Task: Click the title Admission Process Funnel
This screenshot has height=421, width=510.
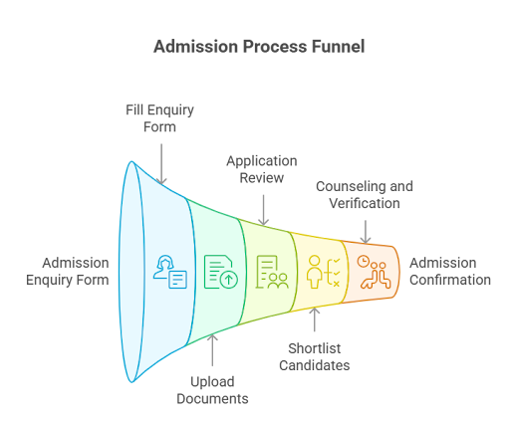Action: pyautogui.click(x=259, y=47)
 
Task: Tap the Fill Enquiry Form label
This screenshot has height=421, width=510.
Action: pyautogui.click(x=159, y=118)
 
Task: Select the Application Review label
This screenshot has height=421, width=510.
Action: pyautogui.click(x=262, y=169)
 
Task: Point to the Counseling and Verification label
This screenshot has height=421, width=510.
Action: pyautogui.click(x=365, y=195)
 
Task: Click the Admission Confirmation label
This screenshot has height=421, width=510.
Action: pyautogui.click(x=450, y=271)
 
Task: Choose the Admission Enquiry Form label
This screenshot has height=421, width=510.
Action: pyautogui.click(x=68, y=272)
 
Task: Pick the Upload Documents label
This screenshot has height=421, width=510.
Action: pyautogui.click(x=212, y=390)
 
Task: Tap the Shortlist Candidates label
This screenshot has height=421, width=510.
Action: pyautogui.click(x=315, y=357)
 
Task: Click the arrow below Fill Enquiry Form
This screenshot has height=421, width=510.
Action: pyautogui.click(x=161, y=164)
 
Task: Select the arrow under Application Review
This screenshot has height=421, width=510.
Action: pyautogui.click(x=264, y=210)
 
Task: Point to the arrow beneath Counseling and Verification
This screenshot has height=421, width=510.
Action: pyautogui.click(x=366, y=232)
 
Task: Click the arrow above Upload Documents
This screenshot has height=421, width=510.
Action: pyautogui.click(x=212, y=350)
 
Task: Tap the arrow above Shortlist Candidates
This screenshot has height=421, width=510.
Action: pyautogui.click(x=315, y=319)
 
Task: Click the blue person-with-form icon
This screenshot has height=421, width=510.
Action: pyautogui.click(x=170, y=272)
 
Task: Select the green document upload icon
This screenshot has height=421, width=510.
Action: pyautogui.click(x=221, y=272)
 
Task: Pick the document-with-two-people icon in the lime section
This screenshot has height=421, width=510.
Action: pyautogui.click(x=272, y=272)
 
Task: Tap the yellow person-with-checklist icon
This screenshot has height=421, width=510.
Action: pyautogui.click(x=323, y=272)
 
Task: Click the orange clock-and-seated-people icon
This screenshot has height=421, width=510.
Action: pyautogui.click(x=374, y=272)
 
